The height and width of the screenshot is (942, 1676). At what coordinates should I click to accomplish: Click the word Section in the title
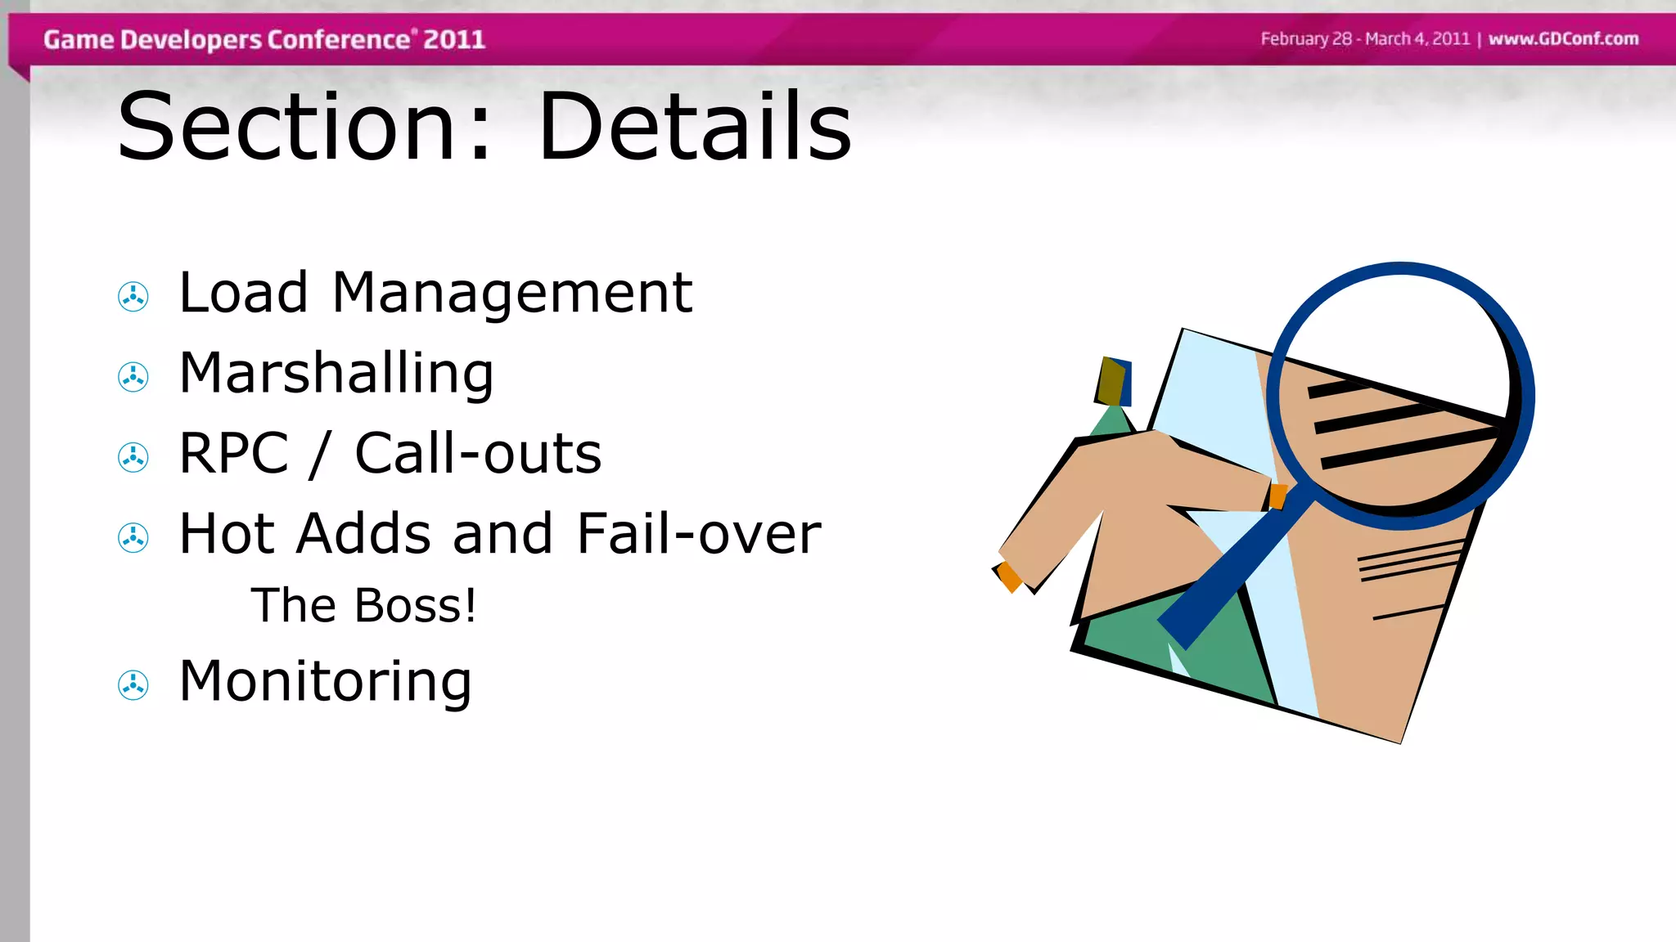pyautogui.click(x=286, y=127)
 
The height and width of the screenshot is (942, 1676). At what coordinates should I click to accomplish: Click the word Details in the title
pyautogui.click(x=695, y=127)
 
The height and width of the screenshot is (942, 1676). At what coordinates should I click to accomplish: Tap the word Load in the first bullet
pyautogui.click(x=243, y=293)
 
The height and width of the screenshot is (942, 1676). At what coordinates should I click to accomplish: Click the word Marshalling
pyautogui.click(x=336, y=374)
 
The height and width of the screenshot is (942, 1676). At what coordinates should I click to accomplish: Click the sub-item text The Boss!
pyautogui.click(x=363, y=606)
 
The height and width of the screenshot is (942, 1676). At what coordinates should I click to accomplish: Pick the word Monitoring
pyautogui.click(x=325, y=681)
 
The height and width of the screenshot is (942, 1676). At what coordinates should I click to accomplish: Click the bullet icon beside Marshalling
pyautogui.click(x=133, y=377)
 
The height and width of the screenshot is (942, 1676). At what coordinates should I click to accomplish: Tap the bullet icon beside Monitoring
pyautogui.click(x=133, y=685)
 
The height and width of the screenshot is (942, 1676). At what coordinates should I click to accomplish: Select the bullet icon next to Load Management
pyautogui.click(x=133, y=297)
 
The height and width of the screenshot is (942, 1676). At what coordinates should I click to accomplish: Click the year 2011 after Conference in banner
pyautogui.click(x=454, y=39)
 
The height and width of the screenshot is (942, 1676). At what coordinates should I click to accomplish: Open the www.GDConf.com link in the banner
pyautogui.click(x=1563, y=38)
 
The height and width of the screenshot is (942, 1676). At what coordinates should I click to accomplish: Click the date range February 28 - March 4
pyautogui.click(x=1365, y=38)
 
